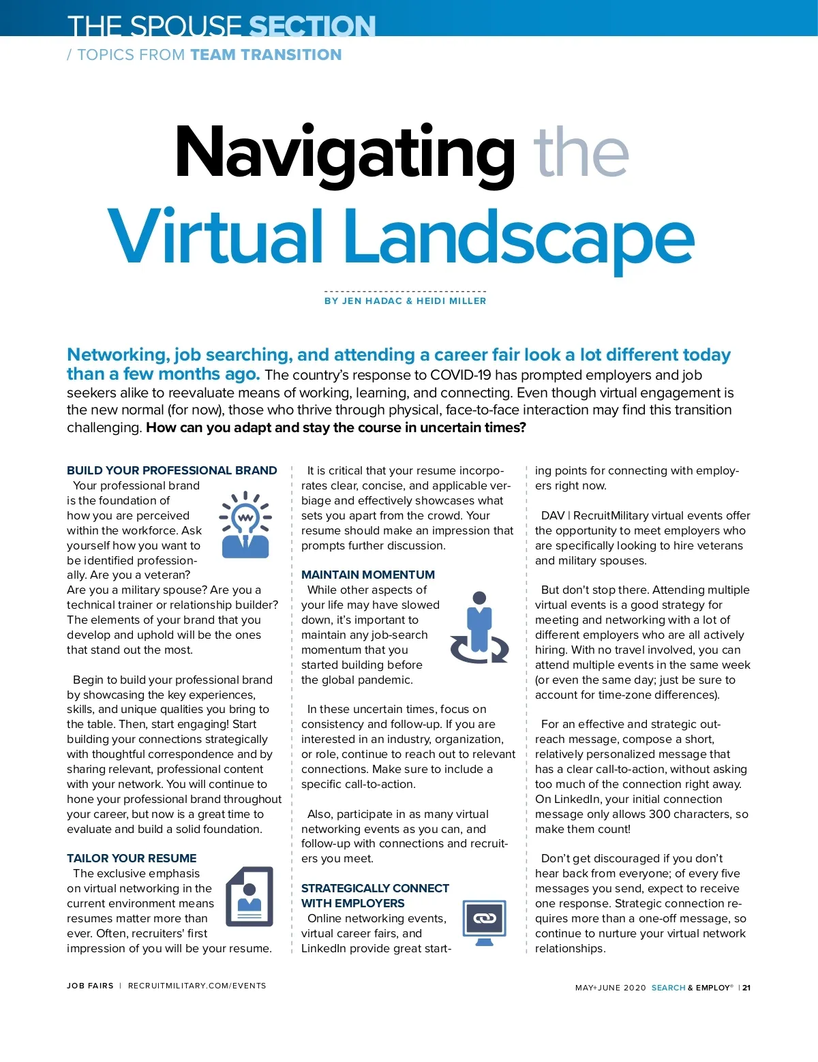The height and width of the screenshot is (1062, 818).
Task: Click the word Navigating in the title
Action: point(344,153)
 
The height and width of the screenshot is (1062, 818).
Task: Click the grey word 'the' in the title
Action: point(581,153)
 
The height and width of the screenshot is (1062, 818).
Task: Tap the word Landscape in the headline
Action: point(518,237)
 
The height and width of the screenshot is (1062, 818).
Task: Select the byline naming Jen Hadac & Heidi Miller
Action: point(405,301)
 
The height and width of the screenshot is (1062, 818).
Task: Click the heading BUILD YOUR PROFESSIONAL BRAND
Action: point(172,470)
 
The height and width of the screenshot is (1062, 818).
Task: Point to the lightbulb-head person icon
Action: point(245,524)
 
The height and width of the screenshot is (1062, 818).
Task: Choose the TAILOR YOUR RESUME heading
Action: point(132,858)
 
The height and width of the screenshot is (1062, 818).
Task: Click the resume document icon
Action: point(249,896)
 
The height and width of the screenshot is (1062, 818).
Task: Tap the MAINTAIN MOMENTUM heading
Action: point(368,575)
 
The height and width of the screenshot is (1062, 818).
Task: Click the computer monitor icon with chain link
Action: point(485,920)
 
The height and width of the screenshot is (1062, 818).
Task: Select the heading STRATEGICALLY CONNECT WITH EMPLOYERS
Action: point(375,896)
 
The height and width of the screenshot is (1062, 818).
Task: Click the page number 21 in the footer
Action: point(746,988)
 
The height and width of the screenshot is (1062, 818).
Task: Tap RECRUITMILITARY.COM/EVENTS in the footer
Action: point(197,986)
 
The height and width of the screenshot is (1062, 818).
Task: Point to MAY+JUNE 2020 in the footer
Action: point(610,988)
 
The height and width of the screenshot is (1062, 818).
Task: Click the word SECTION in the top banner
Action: point(312,26)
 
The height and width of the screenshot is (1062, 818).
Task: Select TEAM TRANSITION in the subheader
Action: point(266,55)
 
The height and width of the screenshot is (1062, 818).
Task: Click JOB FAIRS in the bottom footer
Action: point(90,986)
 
